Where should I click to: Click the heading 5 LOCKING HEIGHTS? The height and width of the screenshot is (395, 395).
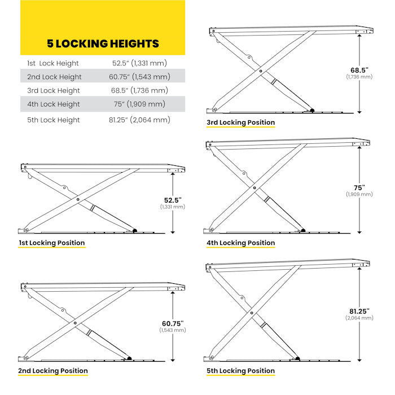click(102, 43)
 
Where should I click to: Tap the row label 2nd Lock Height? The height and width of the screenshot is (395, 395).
click(54, 77)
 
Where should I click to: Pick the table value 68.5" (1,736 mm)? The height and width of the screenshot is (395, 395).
click(140, 90)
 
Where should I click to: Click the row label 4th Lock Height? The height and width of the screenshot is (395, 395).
click(54, 104)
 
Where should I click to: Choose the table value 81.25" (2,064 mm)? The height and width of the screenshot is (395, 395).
click(141, 120)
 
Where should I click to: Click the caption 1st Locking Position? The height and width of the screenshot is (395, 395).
click(51, 243)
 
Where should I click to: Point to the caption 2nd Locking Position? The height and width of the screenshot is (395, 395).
click(52, 371)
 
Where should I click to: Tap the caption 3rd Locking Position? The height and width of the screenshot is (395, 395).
click(241, 122)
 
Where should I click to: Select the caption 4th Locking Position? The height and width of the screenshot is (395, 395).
click(241, 243)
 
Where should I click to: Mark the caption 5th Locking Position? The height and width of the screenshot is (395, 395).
click(241, 371)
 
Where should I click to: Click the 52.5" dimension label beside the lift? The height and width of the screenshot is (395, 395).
click(173, 200)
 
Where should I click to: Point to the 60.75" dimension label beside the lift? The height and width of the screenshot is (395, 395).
click(173, 323)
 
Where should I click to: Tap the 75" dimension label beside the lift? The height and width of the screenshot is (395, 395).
click(359, 187)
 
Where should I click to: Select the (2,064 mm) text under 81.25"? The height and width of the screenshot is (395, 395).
click(359, 318)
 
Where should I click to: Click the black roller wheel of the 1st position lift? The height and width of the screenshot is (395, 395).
click(135, 230)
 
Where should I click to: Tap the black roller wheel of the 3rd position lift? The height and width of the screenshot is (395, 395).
click(311, 110)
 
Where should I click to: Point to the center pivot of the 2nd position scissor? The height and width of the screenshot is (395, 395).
click(75, 323)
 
